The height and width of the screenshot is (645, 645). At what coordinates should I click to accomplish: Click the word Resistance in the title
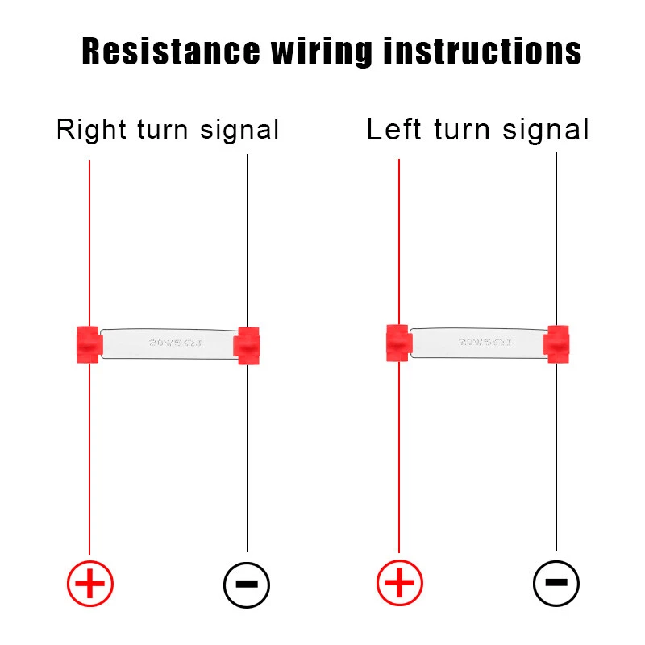point(169,52)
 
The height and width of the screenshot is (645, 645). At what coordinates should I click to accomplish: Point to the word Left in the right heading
point(394,129)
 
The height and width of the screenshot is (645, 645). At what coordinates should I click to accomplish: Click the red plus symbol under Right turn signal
point(89,583)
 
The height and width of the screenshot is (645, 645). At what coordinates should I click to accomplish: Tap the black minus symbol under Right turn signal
point(247,583)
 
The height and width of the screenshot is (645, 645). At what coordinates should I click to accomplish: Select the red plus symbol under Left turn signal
point(399,583)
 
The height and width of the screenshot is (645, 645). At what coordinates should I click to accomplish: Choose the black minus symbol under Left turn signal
point(556,582)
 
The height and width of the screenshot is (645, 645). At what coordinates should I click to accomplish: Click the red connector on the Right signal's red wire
point(88,344)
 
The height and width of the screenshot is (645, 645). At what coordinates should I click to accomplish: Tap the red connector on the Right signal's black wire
point(247,345)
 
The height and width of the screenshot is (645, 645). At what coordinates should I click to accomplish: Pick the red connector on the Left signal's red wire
point(398,343)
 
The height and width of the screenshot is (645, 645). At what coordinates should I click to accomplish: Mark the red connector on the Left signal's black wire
point(557,343)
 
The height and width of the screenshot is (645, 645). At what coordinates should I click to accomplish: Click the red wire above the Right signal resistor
point(89,242)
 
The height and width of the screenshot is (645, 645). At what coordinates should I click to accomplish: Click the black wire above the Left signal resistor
point(556,242)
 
